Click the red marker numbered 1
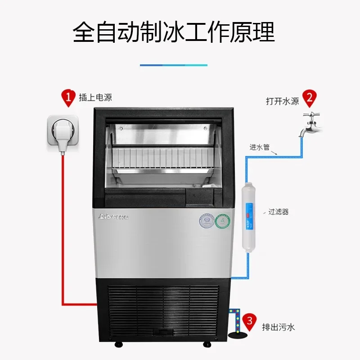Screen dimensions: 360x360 coord(68,97)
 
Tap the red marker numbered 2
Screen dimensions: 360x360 coord(309,97)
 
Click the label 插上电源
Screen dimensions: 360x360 coord(95,98)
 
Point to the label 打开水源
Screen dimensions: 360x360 coord(282,101)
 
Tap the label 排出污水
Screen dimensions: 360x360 coord(278,327)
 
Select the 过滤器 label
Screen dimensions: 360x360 coord(278,211)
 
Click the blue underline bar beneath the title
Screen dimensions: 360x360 coord(173,65)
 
